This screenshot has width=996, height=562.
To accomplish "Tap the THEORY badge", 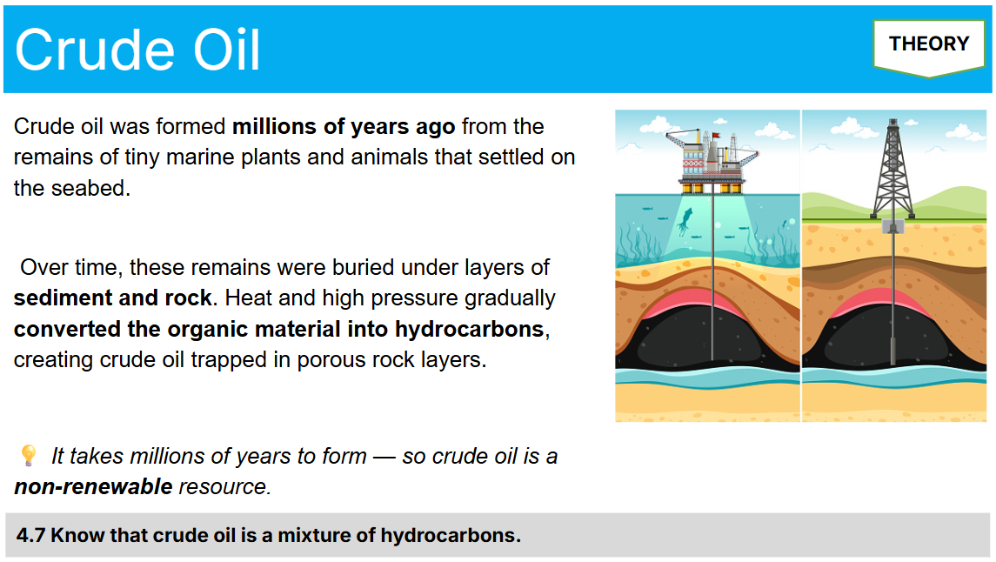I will coord(929,44).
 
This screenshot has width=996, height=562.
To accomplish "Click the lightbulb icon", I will coord(28,455).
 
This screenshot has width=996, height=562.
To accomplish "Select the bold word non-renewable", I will coord(93,486).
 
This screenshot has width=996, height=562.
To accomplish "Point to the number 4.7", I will coord(30,535).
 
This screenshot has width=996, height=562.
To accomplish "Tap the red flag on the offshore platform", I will coord(716,136).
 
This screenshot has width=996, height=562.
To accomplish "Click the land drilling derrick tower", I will coord(892,170).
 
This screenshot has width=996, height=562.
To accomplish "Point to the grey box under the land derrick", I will coord(892,226).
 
